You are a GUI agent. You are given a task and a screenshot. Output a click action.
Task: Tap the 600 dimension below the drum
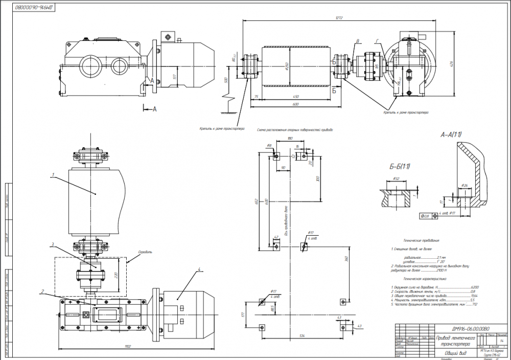tap(293, 104)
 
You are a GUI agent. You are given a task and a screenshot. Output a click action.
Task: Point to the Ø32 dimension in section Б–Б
tap(396, 178)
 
